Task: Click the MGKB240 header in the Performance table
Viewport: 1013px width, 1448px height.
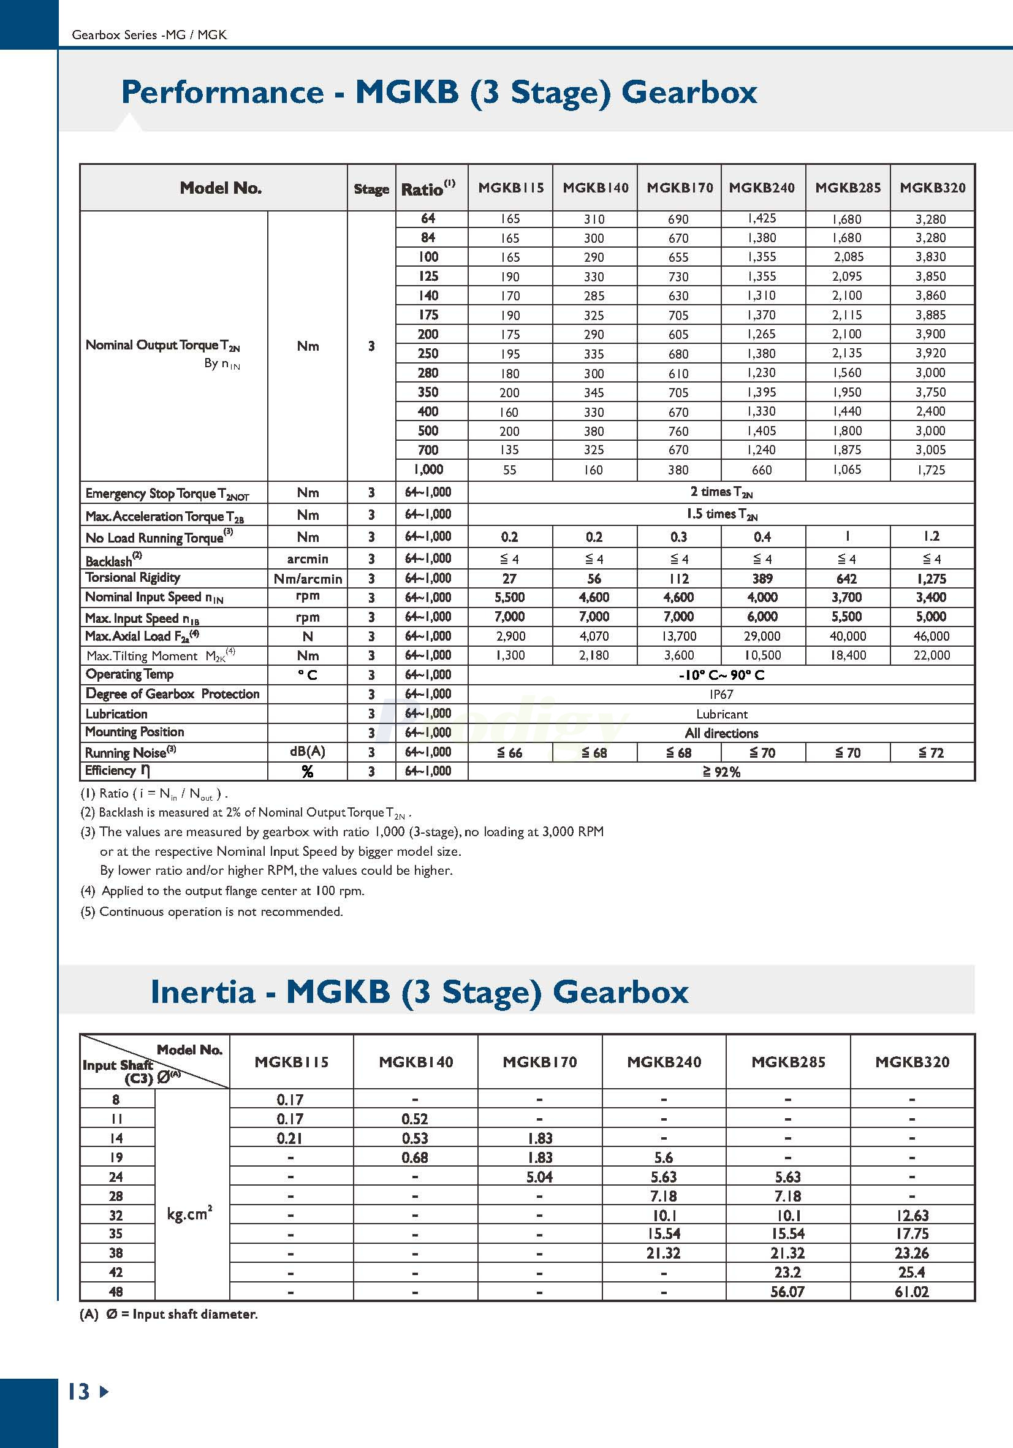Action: point(762,188)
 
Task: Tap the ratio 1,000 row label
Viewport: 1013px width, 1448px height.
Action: point(428,469)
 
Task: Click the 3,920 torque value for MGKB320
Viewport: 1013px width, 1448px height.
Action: point(930,353)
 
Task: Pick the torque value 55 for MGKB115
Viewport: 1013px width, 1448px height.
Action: point(509,470)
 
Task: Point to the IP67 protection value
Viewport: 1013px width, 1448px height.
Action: point(721,695)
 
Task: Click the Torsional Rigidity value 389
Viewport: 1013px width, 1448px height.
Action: point(762,578)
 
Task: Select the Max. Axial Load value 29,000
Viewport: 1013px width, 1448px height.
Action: point(762,636)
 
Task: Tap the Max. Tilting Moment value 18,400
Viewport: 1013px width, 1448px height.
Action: point(847,655)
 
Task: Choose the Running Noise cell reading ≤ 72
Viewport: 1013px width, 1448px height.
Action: point(931,752)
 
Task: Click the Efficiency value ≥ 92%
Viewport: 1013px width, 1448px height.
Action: point(721,772)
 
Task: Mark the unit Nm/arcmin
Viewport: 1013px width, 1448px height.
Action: point(308,578)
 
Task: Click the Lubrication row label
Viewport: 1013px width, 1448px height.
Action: point(116,714)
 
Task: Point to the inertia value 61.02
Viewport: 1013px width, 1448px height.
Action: point(911,1292)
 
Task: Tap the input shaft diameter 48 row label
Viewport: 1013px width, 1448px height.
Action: point(116,1292)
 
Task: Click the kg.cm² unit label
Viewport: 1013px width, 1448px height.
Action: point(189,1214)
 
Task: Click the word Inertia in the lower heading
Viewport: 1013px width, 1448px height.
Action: point(203,992)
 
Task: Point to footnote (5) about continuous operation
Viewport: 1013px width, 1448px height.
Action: point(212,912)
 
